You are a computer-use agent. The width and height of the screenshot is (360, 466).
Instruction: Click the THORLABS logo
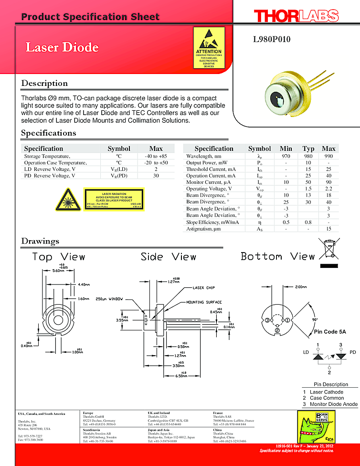click(296, 16)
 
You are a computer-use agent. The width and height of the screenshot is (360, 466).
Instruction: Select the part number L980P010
click(271, 40)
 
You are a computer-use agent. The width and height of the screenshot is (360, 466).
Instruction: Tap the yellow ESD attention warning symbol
click(209, 48)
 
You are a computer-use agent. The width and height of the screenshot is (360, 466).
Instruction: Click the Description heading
click(44, 83)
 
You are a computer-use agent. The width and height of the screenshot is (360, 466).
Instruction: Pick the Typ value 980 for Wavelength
click(308, 156)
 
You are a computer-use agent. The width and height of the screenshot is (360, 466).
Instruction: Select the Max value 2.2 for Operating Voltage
click(328, 189)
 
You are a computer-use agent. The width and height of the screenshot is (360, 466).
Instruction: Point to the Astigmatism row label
click(203, 229)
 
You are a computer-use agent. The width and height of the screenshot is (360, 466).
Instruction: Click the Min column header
click(286, 148)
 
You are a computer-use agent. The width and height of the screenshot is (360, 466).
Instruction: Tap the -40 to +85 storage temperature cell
click(156, 156)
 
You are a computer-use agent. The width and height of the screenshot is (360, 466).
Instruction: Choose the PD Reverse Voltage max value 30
click(156, 176)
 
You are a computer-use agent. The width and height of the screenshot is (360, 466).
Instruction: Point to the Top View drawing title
click(58, 257)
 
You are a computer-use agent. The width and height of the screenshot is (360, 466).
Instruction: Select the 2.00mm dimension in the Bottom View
click(301, 287)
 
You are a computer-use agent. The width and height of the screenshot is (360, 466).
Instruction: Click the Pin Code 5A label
click(329, 331)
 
